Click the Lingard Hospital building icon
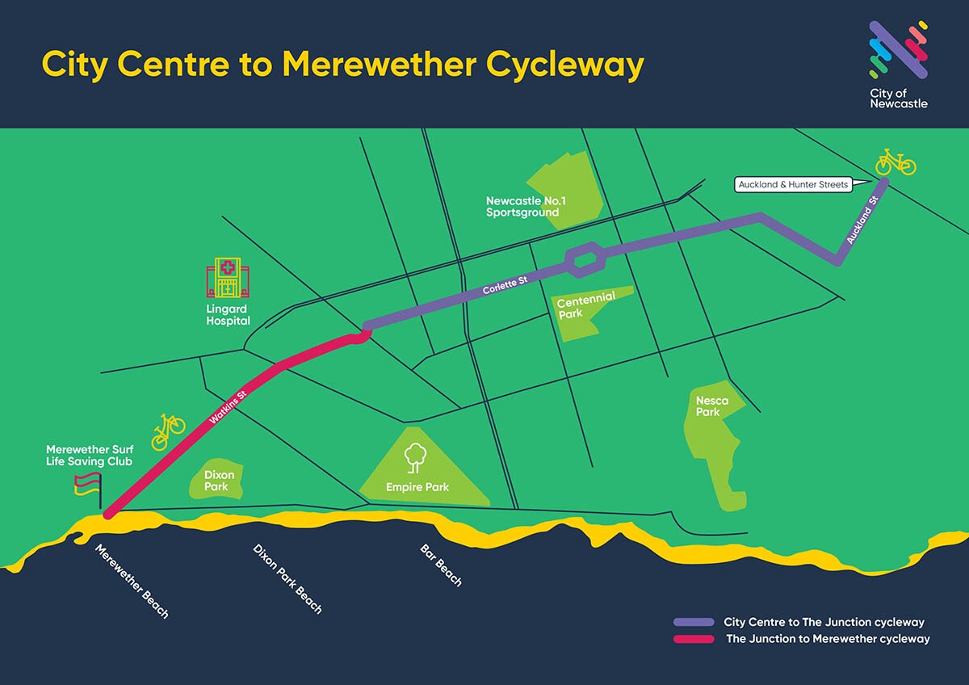[228, 279]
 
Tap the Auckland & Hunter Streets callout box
[793, 185]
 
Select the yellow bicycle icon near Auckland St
[896, 162]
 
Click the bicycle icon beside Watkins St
[169, 431]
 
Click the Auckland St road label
[862, 221]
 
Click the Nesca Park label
[712, 406]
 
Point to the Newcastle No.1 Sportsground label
[522, 207]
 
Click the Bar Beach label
[441, 565]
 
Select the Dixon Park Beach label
[287, 578]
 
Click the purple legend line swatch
[694, 622]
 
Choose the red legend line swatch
[694, 639]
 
